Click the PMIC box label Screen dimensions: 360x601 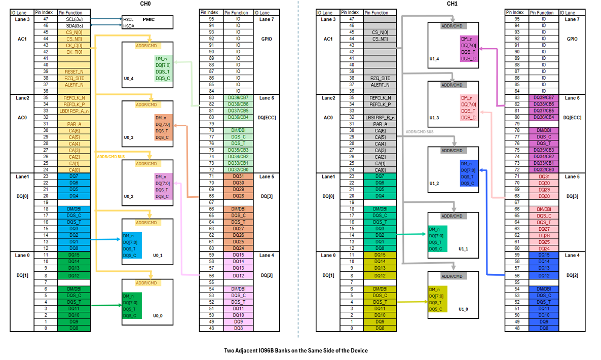[x=148, y=19]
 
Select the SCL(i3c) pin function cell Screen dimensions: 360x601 [x=74, y=19]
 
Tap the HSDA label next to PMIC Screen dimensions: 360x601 [x=129, y=25]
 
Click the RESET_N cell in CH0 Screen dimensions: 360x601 [x=74, y=71]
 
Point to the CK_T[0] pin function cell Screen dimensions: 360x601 [x=74, y=52]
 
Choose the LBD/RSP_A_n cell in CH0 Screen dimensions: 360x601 [x=74, y=111]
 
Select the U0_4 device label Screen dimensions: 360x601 [x=129, y=79]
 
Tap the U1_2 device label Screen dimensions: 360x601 [x=434, y=184]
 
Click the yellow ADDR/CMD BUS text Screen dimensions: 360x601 [x=110, y=157]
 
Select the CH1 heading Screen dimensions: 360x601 [x=453, y=4]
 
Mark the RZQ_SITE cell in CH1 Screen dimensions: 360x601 [x=381, y=78]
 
